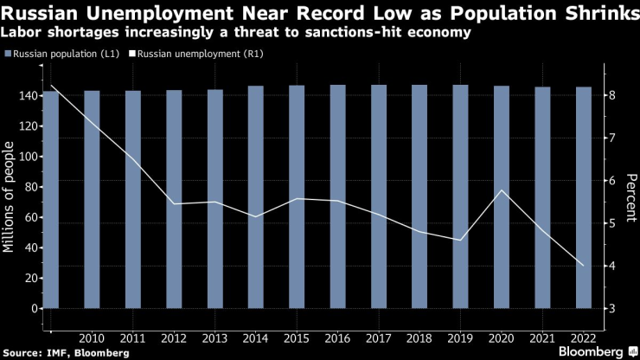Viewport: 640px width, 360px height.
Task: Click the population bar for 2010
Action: pyautogui.click(x=92, y=199)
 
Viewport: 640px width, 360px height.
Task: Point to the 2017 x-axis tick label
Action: pyautogui.click(x=379, y=337)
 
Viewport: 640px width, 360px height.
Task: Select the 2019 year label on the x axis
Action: pyautogui.click(x=461, y=337)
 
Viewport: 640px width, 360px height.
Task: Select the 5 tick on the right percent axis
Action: pyautogui.click(x=611, y=223)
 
